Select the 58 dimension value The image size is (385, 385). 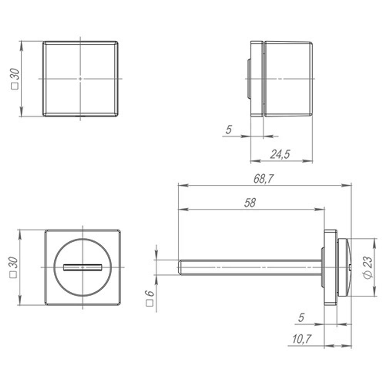pyautogui.click(x=250, y=203)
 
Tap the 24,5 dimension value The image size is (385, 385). pyautogui.click(x=280, y=154)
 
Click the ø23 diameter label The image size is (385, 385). pyautogui.click(x=368, y=268)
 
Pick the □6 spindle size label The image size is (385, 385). pyautogui.click(x=150, y=298)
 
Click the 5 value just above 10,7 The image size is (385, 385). pyautogui.click(x=301, y=318)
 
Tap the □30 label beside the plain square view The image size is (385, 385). pyautogui.click(x=15, y=79)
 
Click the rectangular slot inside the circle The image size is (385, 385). pyautogui.click(x=82, y=267)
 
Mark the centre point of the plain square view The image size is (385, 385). pyautogui.click(x=80, y=79)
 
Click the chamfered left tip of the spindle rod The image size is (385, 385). pyautogui.click(x=180, y=267)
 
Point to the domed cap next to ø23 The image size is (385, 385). pyautogui.click(x=345, y=267)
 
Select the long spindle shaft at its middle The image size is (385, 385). pyautogui.click(x=250, y=267)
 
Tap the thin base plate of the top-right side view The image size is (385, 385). pyautogui.click(x=257, y=79)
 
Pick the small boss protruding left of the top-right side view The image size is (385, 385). pyautogui.click(x=248, y=79)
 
